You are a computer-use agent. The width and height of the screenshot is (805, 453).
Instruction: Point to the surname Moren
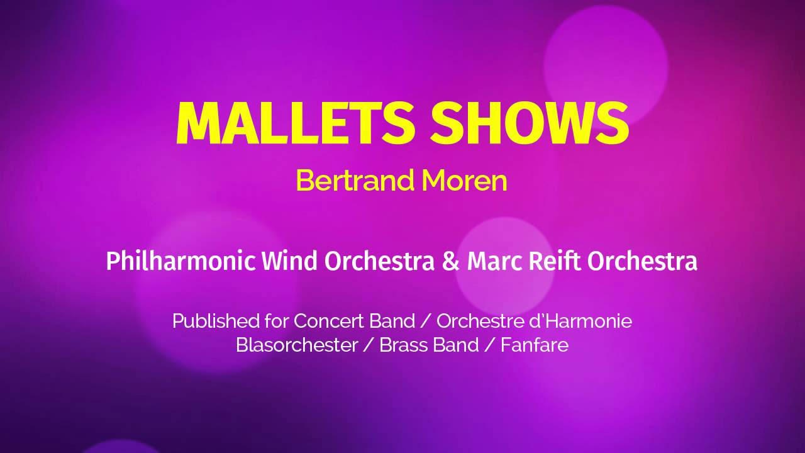464,181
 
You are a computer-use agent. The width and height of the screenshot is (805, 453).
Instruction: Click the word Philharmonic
180,261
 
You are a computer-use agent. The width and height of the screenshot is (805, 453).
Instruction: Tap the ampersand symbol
451,261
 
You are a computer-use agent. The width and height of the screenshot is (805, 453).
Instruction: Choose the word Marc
494,261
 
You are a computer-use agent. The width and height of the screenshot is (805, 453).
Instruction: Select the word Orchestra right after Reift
642,261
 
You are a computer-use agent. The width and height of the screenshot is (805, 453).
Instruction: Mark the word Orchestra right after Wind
379,261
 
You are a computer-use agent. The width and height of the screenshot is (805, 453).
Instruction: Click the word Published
216,321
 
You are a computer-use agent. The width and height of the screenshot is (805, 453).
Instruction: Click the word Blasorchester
297,345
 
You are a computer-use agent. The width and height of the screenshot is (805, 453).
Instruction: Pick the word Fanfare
535,345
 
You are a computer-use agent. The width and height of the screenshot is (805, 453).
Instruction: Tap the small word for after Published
276,321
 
